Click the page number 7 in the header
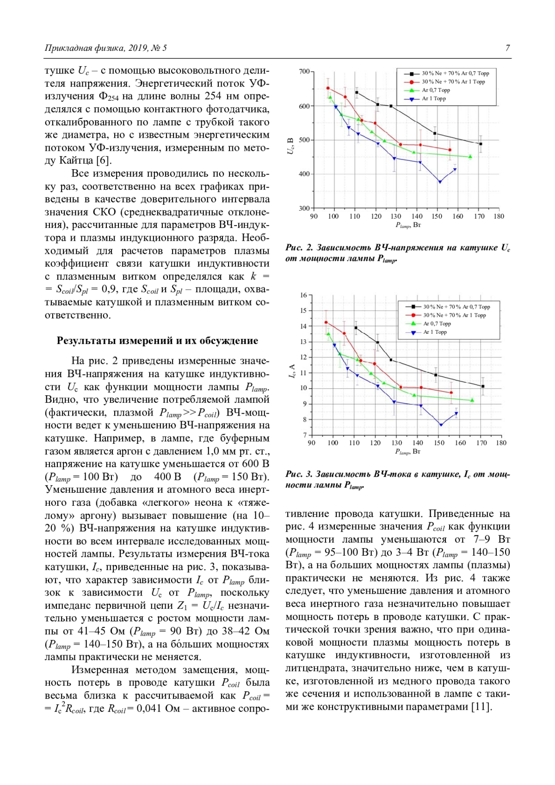click(508, 48)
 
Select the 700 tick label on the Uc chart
click(304, 72)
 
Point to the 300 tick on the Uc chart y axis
click(304, 208)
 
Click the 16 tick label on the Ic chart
click(303, 295)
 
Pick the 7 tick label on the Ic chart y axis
click(305, 435)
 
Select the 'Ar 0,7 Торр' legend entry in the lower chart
click(437, 324)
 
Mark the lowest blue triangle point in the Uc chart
click(440, 182)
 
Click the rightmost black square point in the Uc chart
click(481, 144)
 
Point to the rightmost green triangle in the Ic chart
click(472, 400)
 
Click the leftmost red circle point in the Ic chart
click(326, 323)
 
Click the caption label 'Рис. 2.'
click(299, 248)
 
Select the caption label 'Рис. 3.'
click(299, 474)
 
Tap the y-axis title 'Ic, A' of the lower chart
click(292, 371)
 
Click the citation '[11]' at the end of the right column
click(481, 707)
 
